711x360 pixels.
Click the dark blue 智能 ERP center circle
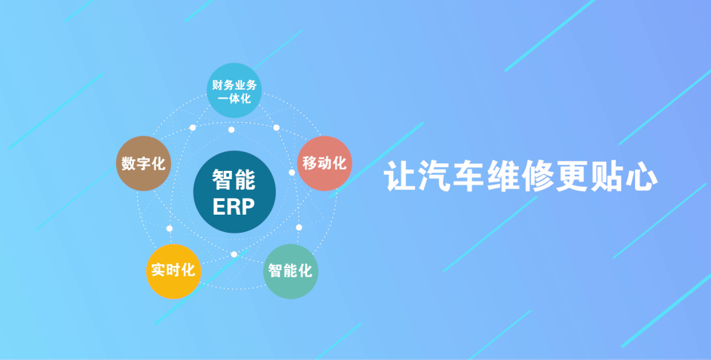pyautogui.click(x=234, y=192)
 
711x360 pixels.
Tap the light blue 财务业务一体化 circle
pyautogui.click(x=234, y=90)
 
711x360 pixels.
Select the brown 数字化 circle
pyautogui.click(x=143, y=163)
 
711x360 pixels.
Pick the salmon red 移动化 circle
pyautogui.click(x=325, y=163)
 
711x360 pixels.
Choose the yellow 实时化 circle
pyautogui.click(x=174, y=271)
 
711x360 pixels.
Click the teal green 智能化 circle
pyautogui.click(x=291, y=271)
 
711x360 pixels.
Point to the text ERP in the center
pyautogui.click(x=233, y=207)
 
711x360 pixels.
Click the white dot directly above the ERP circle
pyautogui.click(x=231, y=130)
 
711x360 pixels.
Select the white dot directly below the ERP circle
pyautogui.click(x=234, y=254)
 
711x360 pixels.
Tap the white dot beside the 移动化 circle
pyautogui.click(x=291, y=172)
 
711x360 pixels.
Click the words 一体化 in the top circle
pyautogui.click(x=234, y=97)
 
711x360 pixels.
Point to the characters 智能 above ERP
pyautogui.click(x=234, y=180)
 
